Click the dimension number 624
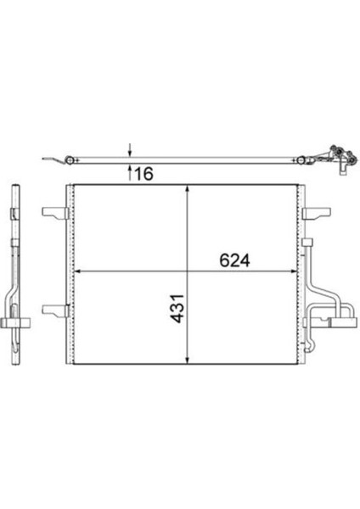pyautogui.click(x=234, y=260)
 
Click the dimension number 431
pyautogui.click(x=178, y=309)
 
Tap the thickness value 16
pyautogui.click(x=143, y=174)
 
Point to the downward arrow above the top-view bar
pyautogui.click(x=130, y=149)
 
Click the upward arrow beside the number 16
pyautogui.click(x=130, y=172)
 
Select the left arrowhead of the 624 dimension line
pyautogui.click(x=79, y=271)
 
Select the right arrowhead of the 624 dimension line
pyautogui.click(x=294, y=271)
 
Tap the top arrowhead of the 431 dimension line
pyautogui.click(x=188, y=189)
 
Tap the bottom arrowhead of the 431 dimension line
pyautogui.click(x=188, y=359)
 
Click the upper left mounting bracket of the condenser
pyautogui.click(x=55, y=213)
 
